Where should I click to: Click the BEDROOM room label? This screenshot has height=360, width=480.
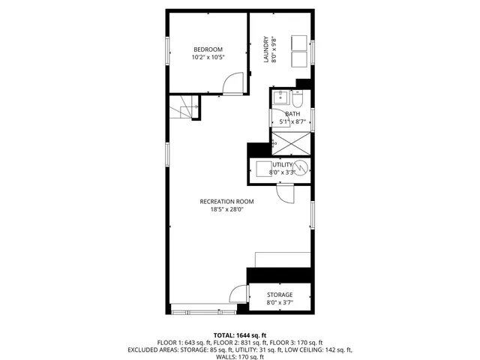(207, 49)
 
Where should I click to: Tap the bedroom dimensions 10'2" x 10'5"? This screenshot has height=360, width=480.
(207, 57)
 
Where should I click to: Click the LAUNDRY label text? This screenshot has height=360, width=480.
(266, 49)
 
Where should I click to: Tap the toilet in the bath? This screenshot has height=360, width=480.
(297, 100)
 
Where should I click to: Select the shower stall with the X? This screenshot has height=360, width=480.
(290, 141)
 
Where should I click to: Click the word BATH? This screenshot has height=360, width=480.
(292, 114)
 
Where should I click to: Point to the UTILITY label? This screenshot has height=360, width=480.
(282, 164)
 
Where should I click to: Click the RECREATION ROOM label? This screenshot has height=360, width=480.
(226, 201)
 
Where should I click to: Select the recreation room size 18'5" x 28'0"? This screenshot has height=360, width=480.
(226, 209)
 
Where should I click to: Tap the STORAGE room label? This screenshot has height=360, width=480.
(280, 295)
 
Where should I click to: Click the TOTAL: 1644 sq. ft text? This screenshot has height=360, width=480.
(240, 335)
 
